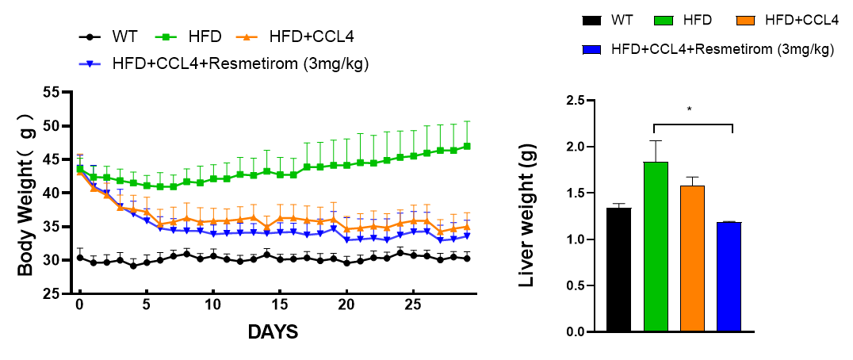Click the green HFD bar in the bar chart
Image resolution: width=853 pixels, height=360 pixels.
click(656, 247)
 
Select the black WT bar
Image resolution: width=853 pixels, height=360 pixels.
click(618, 270)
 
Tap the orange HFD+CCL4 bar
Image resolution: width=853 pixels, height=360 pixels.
click(692, 259)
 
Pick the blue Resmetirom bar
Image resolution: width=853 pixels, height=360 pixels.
click(729, 277)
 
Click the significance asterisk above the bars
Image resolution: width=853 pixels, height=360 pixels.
click(690, 109)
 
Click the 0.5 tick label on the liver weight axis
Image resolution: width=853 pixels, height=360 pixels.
click(585, 285)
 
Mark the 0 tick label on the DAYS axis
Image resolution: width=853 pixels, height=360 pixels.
click(79, 305)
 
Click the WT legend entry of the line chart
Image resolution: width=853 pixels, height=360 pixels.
click(125, 36)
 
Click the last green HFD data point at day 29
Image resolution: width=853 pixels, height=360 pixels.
click(468, 146)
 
